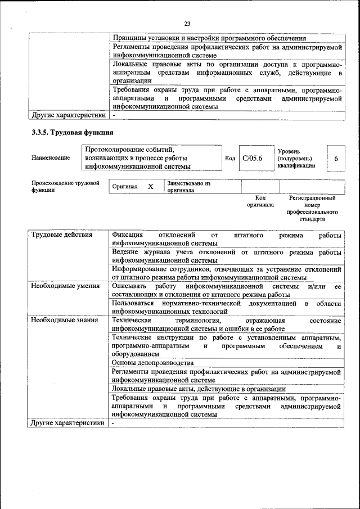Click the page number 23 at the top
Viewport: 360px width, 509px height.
pos(187,24)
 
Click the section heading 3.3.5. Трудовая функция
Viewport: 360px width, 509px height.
pos(73,133)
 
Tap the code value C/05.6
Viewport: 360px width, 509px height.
pos(253,158)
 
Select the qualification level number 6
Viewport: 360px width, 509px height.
pos(336,159)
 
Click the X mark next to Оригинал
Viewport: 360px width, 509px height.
pos(150,186)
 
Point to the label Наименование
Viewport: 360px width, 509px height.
pos(51,158)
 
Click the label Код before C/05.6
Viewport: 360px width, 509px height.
pos(230,159)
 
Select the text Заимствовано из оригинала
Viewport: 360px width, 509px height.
pos(188,187)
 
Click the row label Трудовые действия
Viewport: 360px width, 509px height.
pos(61,235)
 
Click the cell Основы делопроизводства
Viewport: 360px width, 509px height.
pos(152,363)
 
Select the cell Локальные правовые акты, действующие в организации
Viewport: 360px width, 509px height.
pos(199,389)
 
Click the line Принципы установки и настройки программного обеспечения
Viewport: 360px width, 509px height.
pos(209,38)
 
